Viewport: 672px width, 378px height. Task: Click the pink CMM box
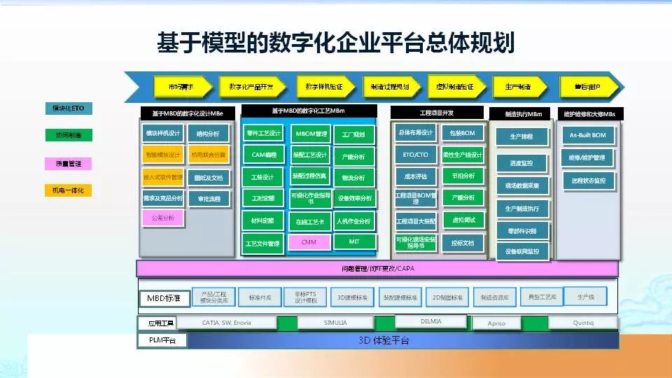[309, 242]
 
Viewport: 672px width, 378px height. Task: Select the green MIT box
[354, 241]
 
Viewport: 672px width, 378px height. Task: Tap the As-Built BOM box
[589, 134]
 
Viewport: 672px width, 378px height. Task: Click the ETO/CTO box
[415, 155]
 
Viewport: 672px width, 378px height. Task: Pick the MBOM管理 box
[310, 134]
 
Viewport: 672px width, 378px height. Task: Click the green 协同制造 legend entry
[69, 135]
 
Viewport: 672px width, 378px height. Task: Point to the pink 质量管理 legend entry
[69, 164]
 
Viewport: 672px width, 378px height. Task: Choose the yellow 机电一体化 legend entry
[69, 190]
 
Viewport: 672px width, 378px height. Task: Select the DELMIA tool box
[430, 321]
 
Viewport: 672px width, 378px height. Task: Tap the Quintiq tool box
[582, 323]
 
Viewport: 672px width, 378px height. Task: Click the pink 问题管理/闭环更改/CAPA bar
[377, 268]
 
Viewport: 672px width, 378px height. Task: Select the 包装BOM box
[463, 133]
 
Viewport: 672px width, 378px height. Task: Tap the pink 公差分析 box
[162, 218]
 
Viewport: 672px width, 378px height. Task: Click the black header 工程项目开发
[436, 113]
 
